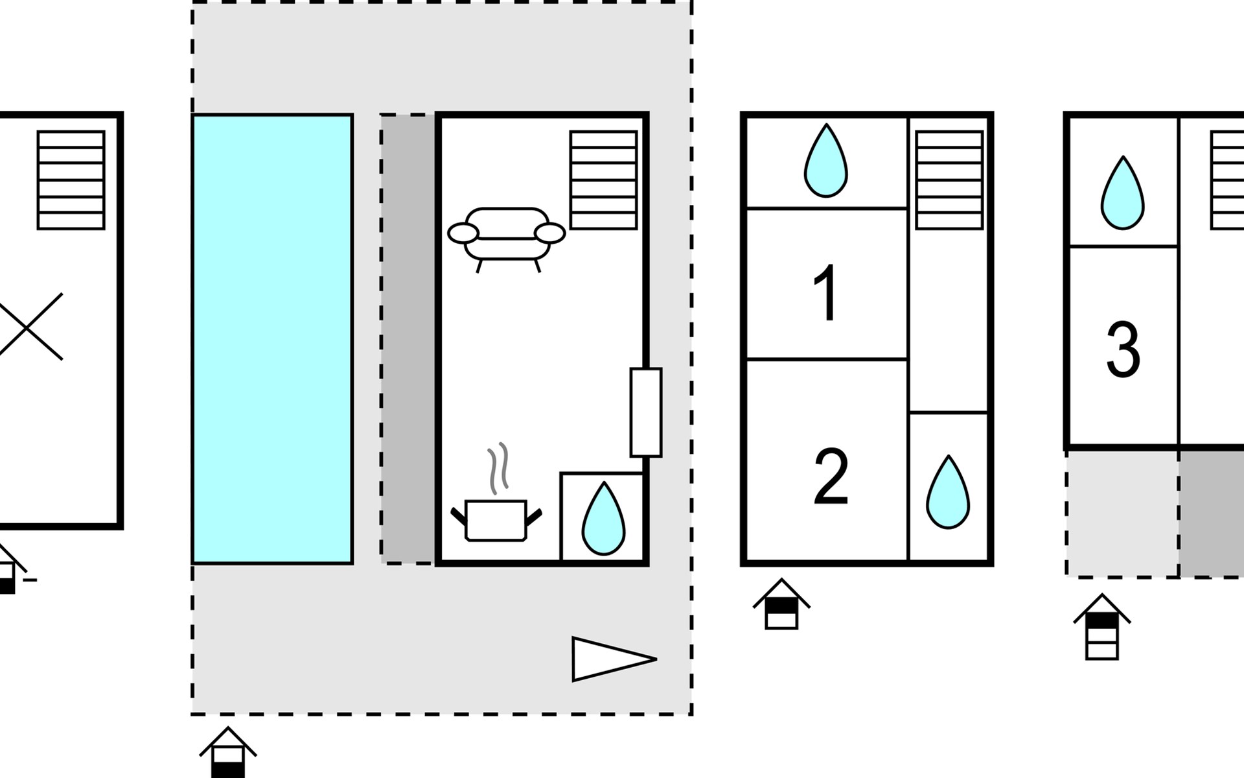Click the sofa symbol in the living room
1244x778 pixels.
tap(507, 235)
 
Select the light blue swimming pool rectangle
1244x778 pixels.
tap(272, 338)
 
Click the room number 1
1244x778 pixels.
tap(826, 294)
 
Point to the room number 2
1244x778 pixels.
tap(830, 478)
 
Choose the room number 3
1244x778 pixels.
tap(1123, 351)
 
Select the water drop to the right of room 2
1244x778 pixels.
tap(948, 492)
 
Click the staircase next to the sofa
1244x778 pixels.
tap(603, 180)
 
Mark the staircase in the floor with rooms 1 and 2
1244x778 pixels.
tap(949, 180)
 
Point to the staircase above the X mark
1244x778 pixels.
tap(71, 180)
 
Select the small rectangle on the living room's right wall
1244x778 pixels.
tap(646, 412)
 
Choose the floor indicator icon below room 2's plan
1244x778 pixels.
tap(781, 604)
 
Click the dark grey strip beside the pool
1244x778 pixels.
tap(408, 338)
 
